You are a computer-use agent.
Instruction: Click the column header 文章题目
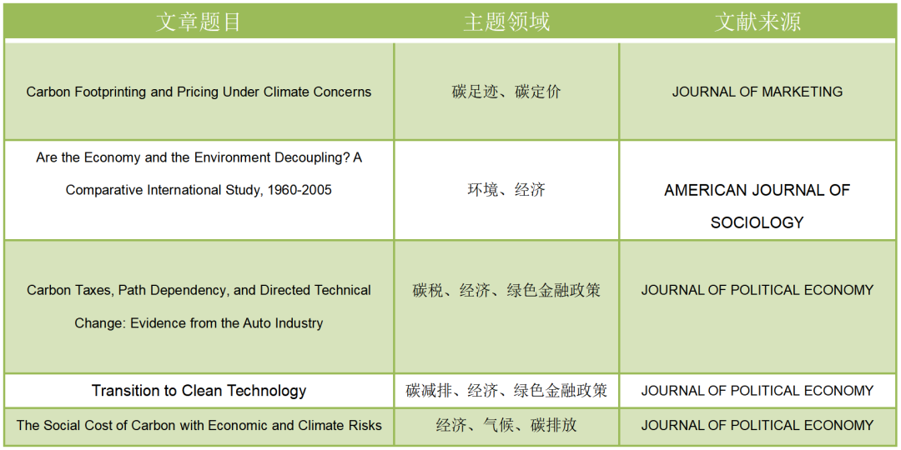(199, 22)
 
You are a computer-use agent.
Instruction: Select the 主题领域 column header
(506, 22)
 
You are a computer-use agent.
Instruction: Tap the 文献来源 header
(758, 22)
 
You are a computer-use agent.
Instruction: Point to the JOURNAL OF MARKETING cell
(758, 92)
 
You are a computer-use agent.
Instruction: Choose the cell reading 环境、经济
(506, 190)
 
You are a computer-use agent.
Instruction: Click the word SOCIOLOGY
(757, 222)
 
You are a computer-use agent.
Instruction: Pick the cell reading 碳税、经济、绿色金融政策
(506, 291)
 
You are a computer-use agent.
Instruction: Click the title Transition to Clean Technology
(199, 391)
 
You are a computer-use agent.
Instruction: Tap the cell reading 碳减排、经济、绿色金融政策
(506, 391)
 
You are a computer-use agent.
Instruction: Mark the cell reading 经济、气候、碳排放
(506, 425)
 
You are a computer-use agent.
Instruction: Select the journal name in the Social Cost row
(758, 425)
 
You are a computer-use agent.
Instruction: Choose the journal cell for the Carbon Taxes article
(758, 290)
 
